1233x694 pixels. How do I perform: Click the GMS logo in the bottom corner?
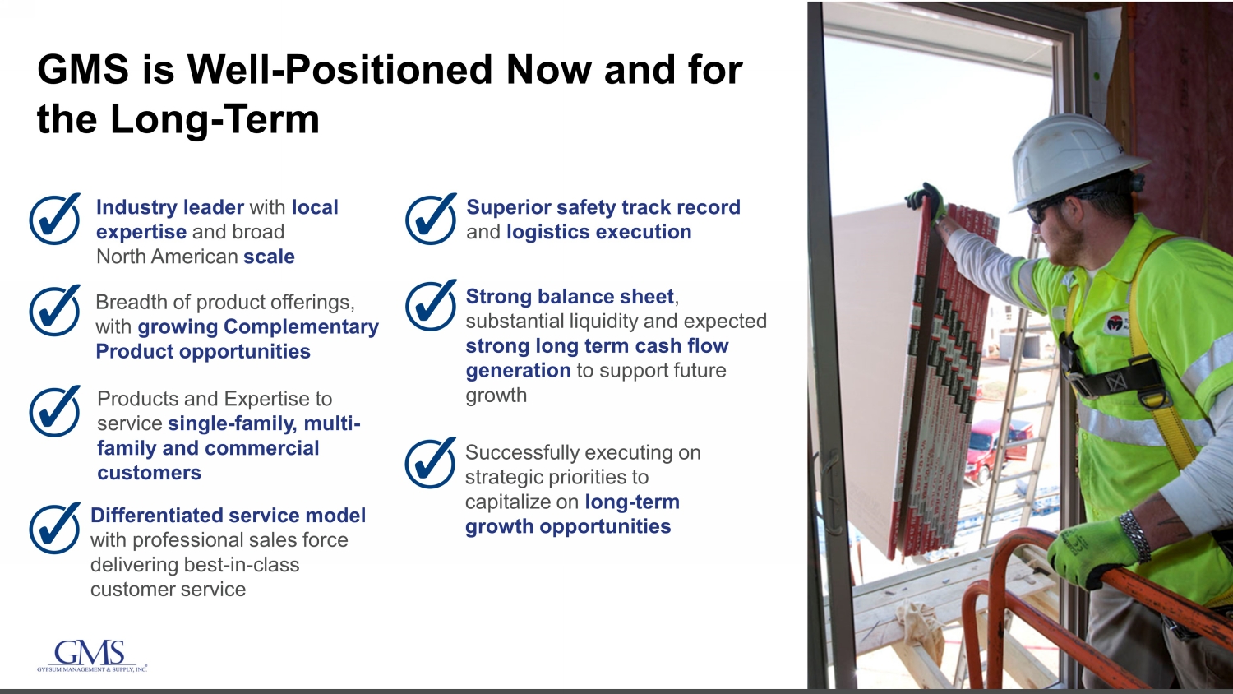click(x=92, y=656)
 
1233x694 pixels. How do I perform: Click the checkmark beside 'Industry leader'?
click(x=55, y=220)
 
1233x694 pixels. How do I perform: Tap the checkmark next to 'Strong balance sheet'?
click(x=431, y=305)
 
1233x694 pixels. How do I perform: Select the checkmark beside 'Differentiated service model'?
click(x=55, y=528)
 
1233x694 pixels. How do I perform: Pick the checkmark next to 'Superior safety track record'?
click(x=431, y=219)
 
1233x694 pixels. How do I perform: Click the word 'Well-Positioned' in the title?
click(x=339, y=69)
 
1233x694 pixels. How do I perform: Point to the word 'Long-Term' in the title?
click(x=215, y=119)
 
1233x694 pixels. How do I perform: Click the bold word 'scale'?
click(x=269, y=257)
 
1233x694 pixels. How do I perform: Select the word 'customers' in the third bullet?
click(x=149, y=473)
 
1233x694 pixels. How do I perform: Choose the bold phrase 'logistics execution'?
click(x=599, y=233)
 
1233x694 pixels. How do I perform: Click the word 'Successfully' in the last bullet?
click(x=520, y=453)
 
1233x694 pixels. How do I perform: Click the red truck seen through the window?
click(x=997, y=447)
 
